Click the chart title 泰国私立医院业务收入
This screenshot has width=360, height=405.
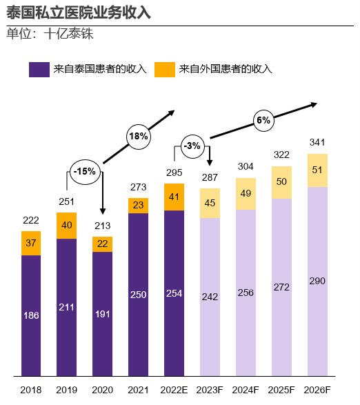click(79, 12)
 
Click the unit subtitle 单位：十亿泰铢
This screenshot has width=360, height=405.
click(50, 33)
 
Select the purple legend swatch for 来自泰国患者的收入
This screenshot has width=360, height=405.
click(39, 69)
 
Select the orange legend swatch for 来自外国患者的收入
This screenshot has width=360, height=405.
click(164, 69)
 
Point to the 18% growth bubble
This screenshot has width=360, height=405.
click(138, 136)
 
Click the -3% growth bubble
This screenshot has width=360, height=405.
click(192, 146)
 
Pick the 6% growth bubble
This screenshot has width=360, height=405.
click(263, 120)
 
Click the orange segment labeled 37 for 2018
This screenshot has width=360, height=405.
click(31, 243)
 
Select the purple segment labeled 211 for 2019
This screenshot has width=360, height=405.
click(67, 307)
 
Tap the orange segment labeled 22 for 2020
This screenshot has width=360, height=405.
click(102, 244)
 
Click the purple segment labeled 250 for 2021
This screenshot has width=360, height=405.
click(138, 295)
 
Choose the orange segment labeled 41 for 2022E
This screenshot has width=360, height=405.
click(174, 197)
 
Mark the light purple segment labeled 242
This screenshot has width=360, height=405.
click(210, 297)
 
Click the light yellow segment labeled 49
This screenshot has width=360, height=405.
click(246, 193)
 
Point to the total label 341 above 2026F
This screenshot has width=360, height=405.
click(317, 143)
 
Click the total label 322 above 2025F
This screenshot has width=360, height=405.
click(281, 155)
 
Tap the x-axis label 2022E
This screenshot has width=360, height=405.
click(174, 390)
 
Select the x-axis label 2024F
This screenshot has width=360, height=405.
click(246, 390)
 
